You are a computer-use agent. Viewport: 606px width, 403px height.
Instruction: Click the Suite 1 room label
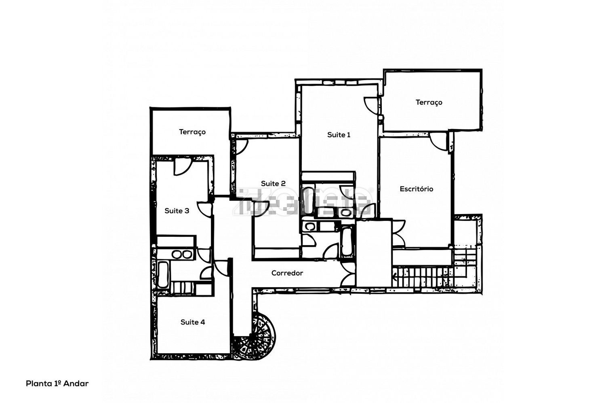coord(339,135)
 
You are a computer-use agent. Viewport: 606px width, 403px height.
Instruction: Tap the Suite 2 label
coord(273,183)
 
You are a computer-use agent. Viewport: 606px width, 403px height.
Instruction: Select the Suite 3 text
coord(177,210)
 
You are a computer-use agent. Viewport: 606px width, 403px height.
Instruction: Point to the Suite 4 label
coord(193,322)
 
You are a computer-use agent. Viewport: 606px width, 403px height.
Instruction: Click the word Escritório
coord(417,189)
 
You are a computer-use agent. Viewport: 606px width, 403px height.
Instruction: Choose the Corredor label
coord(287,273)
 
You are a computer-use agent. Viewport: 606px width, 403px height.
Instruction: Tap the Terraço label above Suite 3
coord(192,132)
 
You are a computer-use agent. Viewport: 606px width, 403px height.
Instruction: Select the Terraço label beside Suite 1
coord(429,102)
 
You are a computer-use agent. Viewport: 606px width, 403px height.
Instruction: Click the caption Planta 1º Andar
coord(57,384)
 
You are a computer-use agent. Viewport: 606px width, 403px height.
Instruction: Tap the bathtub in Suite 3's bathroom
coord(163,275)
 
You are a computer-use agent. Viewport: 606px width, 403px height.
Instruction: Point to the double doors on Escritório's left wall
coord(398,233)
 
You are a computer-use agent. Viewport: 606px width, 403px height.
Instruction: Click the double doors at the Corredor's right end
coord(347,274)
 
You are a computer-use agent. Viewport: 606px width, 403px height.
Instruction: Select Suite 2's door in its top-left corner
coord(242,147)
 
